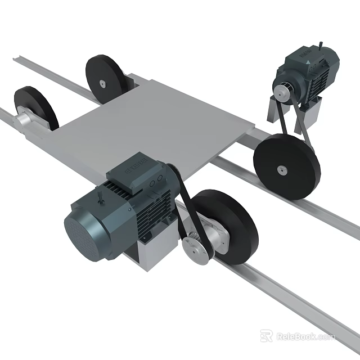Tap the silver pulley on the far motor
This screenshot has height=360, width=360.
281,90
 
